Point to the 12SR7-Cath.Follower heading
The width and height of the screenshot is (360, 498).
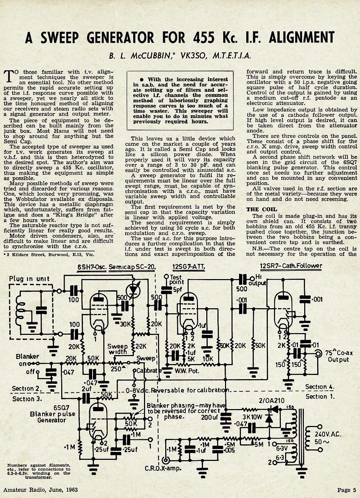[x=291, y=266]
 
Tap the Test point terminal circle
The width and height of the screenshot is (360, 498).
[x=166, y=276]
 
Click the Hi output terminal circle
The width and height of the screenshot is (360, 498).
[x=252, y=279]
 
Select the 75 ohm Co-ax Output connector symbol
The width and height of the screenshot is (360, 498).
[x=319, y=354]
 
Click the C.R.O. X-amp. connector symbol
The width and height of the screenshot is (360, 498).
[x=166, y=460]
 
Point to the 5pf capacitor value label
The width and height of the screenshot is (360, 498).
[x=177, y=290]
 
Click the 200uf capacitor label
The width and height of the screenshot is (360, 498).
[x=210, y=417]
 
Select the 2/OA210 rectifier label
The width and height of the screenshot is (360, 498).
[x=271, y=401]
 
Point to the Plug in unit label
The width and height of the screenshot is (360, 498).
[x=29, y=279]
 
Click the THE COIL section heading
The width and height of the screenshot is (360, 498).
[x=262, y=210]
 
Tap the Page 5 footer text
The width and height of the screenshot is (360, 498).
[x=347, y=490]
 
